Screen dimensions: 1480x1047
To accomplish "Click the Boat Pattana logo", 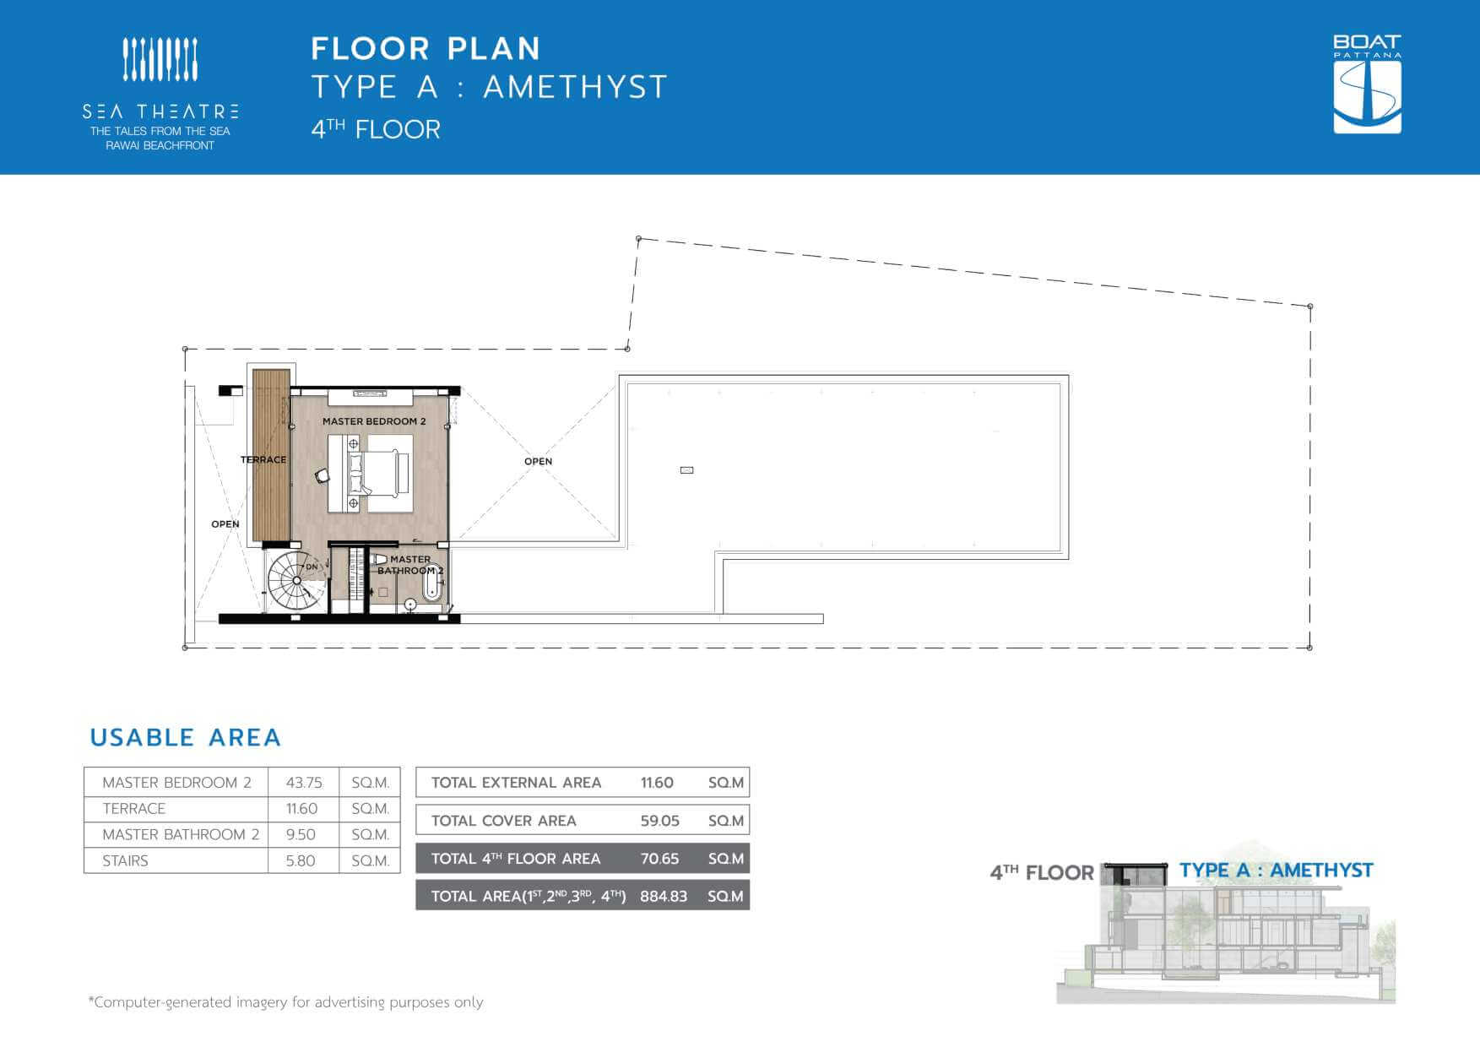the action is (1367, 84).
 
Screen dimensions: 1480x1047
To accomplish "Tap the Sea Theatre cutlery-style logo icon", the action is (160, 59).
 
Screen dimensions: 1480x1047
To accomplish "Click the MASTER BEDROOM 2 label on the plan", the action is (374, 421).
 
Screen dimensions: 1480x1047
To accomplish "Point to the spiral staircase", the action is (296, 579).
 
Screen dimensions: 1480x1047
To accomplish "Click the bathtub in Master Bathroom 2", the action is (431, 583).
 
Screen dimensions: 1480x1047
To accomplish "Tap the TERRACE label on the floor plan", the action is (263, 460).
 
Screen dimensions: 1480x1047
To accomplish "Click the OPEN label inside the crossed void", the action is (538, 461).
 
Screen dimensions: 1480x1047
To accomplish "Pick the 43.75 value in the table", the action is (304, 783).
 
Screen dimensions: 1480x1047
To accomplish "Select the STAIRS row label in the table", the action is (125, 861).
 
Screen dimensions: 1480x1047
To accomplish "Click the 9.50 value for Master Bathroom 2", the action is (301, 835).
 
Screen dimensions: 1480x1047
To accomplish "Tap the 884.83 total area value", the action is (664, 896).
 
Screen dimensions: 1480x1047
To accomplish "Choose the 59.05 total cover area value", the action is (659, 821).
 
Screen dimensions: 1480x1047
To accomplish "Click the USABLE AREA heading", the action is (185, 737).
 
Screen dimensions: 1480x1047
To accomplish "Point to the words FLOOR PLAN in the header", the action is (426, 49).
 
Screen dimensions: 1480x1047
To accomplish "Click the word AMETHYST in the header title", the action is (576, 87).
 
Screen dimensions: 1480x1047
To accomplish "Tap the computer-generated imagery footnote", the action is (286, 1002).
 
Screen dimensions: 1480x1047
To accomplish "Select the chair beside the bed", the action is (323, 476).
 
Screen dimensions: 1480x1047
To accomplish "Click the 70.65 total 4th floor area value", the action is (659, 859).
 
